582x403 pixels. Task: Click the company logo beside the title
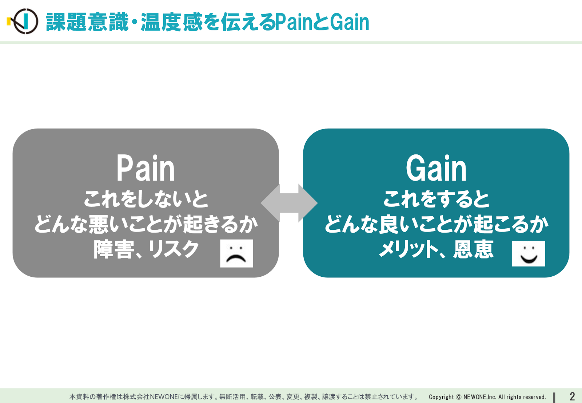[23, 21]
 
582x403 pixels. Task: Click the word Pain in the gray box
[145, 168]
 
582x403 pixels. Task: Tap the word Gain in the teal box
[436, 168]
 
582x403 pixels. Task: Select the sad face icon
[236, 253]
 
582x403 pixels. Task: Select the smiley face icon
[529, 253]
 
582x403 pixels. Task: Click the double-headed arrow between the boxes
[289, 203]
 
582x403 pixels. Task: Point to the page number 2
[572, 396]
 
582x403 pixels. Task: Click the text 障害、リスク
[146, 249]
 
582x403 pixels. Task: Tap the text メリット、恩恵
[436, 249]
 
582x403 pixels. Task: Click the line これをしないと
[146, 199]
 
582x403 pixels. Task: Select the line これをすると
[436, 199]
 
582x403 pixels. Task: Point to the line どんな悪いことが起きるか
[146, 224]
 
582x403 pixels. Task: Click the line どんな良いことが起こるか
[436, 224]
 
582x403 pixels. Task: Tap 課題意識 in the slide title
[87, 22]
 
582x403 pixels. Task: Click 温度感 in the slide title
[171, 22]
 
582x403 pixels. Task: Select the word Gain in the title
[350, 22]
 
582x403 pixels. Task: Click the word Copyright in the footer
[441, 397]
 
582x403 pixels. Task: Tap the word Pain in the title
[294, 22]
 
